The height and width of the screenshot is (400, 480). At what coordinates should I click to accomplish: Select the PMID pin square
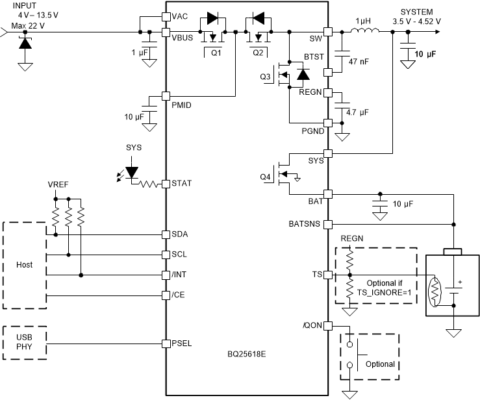tap(166, 96)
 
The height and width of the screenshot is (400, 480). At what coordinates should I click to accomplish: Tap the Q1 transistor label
tap(216, 53)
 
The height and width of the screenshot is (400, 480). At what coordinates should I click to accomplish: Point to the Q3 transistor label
tap(265, 77)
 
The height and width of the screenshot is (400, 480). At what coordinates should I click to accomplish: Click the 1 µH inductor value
tap(360, 21)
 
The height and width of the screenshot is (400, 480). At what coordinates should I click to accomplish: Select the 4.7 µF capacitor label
tap(358, 112)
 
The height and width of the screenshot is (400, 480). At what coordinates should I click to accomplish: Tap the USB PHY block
tap(25, 342)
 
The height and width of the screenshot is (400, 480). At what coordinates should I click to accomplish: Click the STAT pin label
tap(183, 184)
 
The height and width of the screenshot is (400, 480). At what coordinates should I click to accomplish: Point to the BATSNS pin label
tap(304, 224)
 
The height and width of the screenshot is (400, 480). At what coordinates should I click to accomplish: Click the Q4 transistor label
tap(265, 177)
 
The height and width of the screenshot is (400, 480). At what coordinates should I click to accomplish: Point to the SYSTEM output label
tap(416, 12)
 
